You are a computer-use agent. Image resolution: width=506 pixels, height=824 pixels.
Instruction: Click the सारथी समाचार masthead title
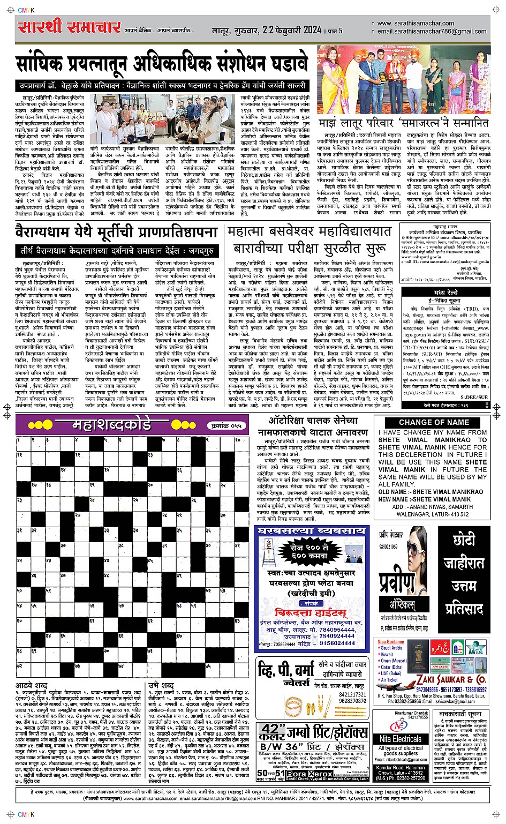69,26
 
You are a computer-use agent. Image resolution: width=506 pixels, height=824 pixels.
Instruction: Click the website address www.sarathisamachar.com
416,23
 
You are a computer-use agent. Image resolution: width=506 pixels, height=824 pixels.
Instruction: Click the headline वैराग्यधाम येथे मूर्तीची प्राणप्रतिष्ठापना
115,234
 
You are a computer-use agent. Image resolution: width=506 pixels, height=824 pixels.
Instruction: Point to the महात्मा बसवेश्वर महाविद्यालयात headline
309,232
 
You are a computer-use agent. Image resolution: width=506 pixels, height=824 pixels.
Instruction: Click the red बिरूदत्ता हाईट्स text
310,612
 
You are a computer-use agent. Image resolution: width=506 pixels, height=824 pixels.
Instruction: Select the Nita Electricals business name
401,739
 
